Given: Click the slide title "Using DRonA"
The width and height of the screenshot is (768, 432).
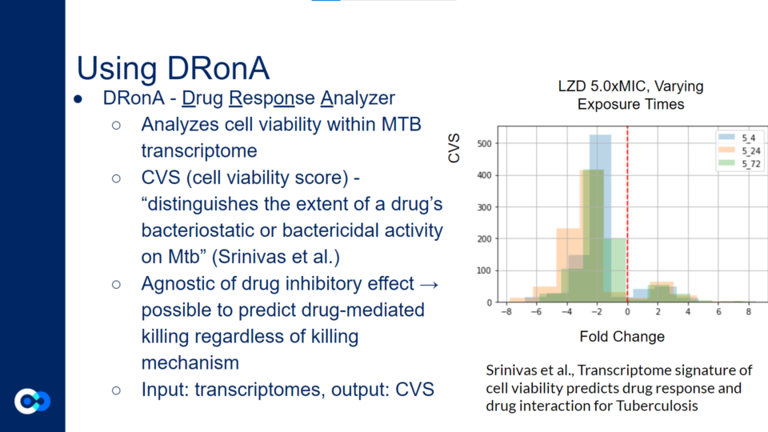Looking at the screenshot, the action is (x=173, y=68).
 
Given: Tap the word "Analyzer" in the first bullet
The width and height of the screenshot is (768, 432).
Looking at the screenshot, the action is (x=358, y=98).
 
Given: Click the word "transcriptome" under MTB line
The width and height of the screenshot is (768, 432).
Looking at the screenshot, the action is (x=199, y=151).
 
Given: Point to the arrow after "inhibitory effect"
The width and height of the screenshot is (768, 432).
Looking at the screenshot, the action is (x=429, y=285).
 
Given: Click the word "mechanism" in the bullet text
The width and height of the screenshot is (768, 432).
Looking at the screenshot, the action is (x=190, y=363).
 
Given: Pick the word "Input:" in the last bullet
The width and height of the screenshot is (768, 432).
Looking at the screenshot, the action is (x=165, y=390).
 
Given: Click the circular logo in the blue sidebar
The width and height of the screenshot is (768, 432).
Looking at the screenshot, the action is (x=32, y=402).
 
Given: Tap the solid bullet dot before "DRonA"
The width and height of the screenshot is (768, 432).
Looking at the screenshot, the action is (x=78, y=99).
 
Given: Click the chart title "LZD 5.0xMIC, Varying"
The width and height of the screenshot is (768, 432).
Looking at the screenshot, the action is (x=631, y=86).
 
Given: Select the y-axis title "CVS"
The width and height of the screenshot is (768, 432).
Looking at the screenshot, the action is (x=454, y=148).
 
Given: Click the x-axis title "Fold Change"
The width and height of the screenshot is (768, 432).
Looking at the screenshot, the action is (x=622, y=337).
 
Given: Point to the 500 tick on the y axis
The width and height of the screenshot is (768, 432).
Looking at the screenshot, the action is (x=485, y=143).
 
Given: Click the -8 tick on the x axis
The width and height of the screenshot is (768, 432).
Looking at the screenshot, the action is (x=506, y=311).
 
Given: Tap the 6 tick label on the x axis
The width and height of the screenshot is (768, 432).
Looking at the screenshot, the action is (x=718, y=311).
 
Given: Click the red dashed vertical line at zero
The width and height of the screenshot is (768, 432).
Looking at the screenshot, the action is (x=627, y=214).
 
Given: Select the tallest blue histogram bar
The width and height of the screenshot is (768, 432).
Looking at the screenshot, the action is (x=600, y=218).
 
